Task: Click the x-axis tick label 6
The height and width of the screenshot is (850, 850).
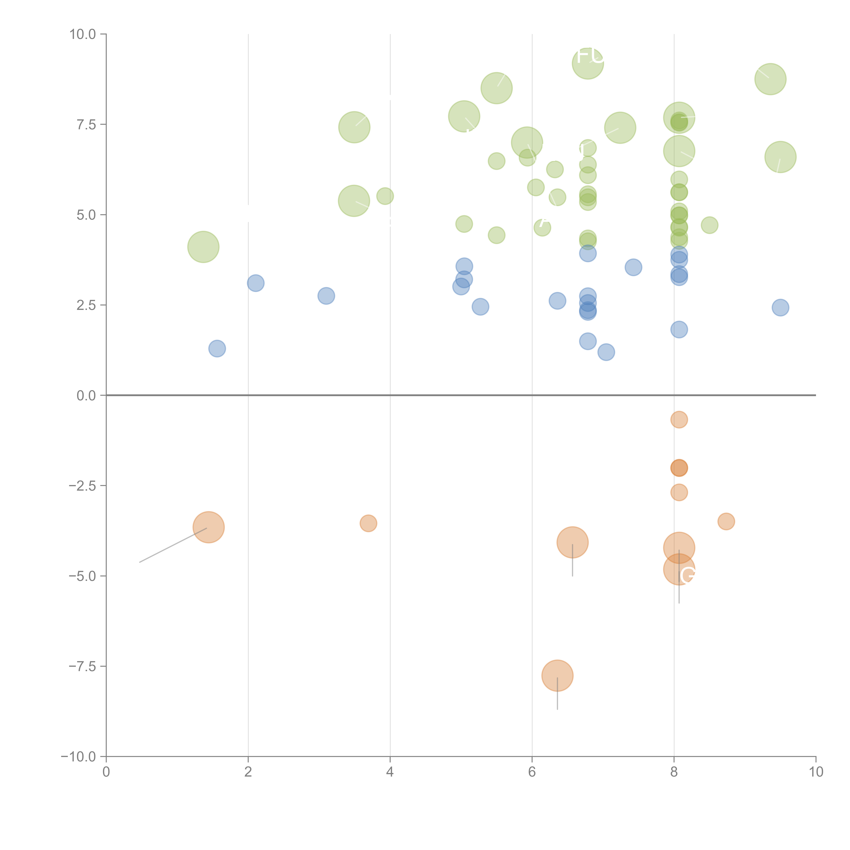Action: click(532, 772)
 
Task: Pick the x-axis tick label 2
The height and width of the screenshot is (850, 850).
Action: click(248, 772)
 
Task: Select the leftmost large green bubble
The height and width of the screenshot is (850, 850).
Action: click(203, 247)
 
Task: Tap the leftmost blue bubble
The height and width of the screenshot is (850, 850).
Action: click(217, 348)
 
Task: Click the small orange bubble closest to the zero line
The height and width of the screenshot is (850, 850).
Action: click(679, 420)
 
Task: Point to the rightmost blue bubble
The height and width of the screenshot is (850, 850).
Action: click(780, 308)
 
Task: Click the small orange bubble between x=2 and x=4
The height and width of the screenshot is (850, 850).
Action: click(368, 523)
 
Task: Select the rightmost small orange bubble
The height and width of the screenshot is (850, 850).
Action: click(726, 521)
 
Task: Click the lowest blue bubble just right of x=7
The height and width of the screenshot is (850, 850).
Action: click(606, 352)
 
